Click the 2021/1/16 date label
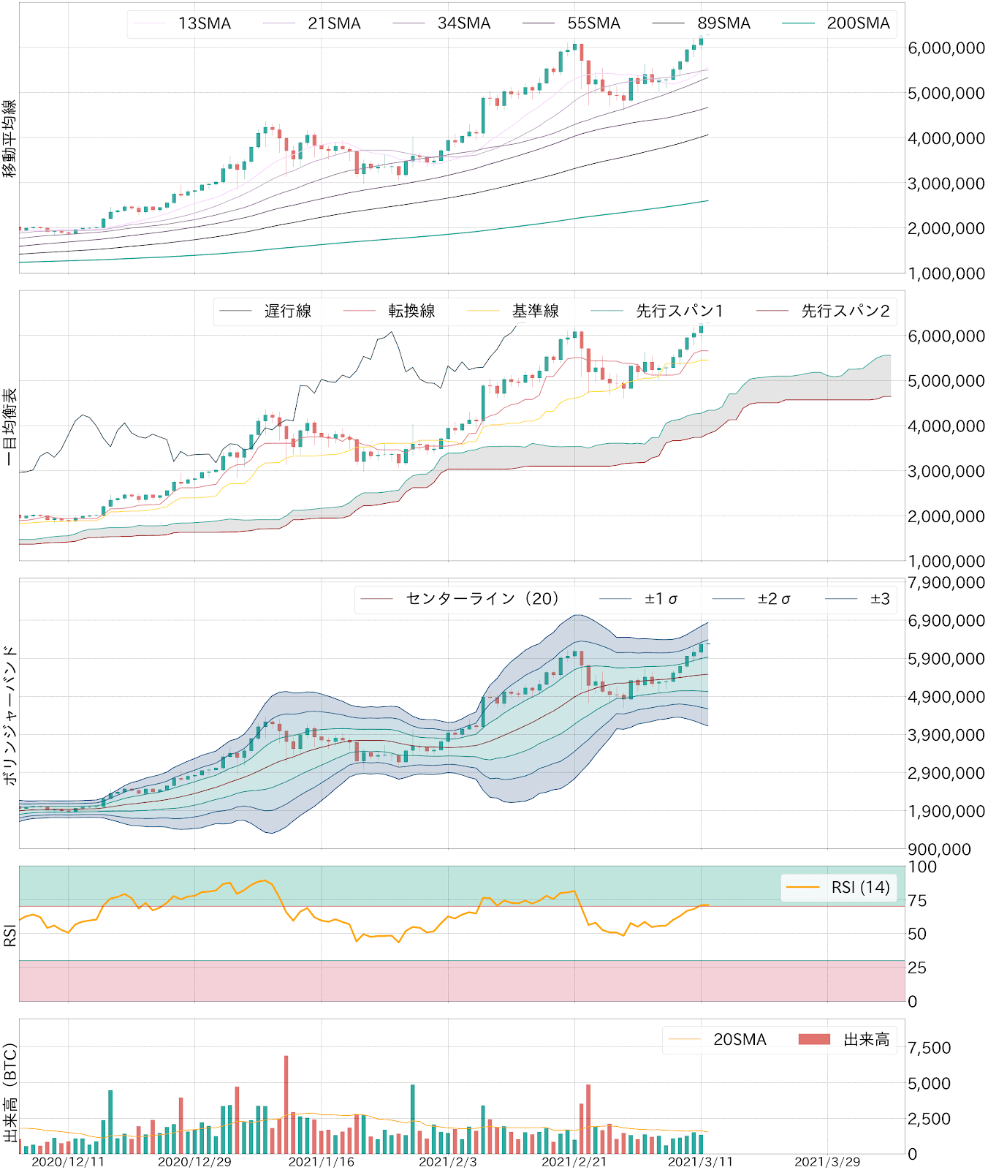coord(321,1162)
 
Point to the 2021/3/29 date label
coord(827,1162)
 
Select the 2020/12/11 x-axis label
coord(68,1162)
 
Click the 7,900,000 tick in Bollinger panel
coord(946,583)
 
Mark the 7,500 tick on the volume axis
coord(929,1048)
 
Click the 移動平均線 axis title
coord(9,139)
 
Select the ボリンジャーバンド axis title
coord(9,715)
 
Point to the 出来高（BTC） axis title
coord(9,1093)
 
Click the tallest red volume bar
coord(286,1104)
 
